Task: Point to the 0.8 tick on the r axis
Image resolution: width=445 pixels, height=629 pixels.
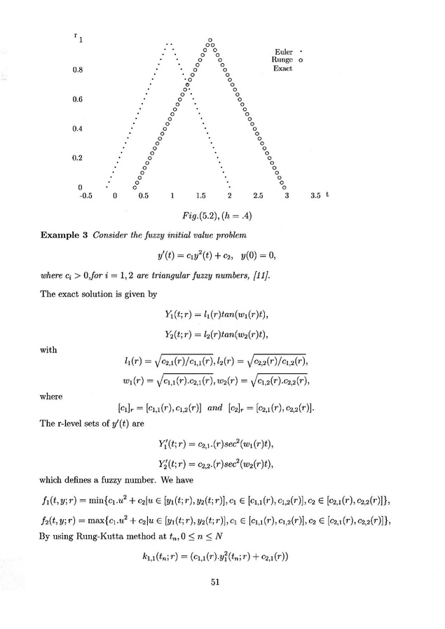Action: (x=78, y=70)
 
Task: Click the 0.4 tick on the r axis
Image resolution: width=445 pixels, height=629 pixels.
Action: (x=78, y=129)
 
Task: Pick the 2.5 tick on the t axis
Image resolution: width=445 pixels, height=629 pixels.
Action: (x=259, y=197)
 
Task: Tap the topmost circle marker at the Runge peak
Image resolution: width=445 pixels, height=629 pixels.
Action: (x=210, y=39)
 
